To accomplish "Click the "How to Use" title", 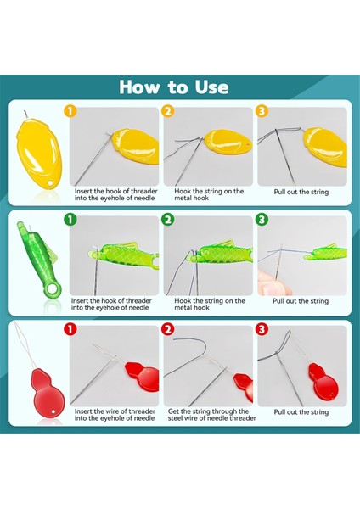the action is (174, 87).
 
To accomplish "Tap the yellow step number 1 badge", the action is (70, 111).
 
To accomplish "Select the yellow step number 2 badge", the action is (167, 111).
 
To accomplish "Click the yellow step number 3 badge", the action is (262, 111).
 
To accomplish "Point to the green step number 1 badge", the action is (70, 220).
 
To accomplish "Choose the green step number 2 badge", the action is (167, 220).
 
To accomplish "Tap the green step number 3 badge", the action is (262, 220).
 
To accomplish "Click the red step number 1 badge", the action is (70, 329).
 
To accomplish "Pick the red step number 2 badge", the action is (167, 329).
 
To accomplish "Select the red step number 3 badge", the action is (262, 329).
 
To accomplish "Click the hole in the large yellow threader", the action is (50, 184).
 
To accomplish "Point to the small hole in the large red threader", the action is (54, 412).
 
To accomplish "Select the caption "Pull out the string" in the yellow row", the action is (301, 192).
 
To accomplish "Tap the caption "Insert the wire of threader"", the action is (115, 411).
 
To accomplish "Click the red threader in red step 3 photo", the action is (323, 383).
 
